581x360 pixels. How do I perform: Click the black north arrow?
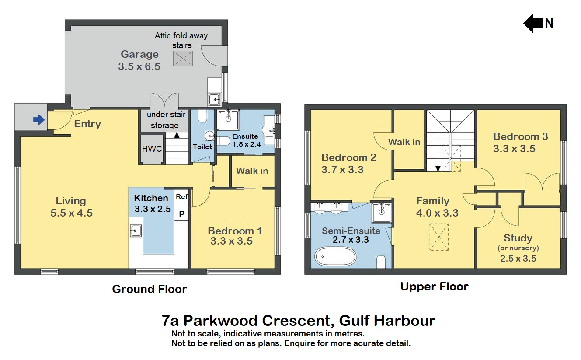tap(532, 23)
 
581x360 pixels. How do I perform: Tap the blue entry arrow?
tap(39, 119)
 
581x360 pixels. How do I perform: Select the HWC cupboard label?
tap(152, 149)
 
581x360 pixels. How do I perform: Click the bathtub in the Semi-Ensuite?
tap(336, 257)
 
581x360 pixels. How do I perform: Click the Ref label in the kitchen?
tap(181, 197)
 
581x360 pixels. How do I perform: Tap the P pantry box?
tap(181, 213)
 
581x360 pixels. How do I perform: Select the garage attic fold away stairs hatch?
tap(183, 58)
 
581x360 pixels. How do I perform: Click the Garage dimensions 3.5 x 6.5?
tap(139, 66)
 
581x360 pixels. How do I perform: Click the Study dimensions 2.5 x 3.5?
tap(518, 258)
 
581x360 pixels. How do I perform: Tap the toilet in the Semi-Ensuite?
tap(381, 262)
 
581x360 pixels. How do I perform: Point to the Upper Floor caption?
tap(434, 287)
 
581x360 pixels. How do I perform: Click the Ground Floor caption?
tap(150, 289)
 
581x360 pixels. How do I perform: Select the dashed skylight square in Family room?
tap(439, 237)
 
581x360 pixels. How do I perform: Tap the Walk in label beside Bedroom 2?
tap(404, 142)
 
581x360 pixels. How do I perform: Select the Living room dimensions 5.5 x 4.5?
tap(71, 213)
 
